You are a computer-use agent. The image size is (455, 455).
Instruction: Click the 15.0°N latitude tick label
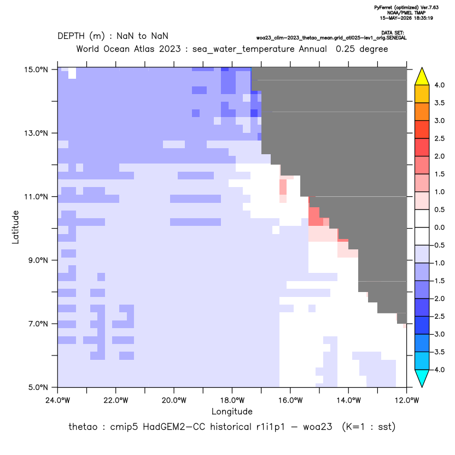(36, 69)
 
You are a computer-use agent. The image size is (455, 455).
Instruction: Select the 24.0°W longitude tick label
(58, 400)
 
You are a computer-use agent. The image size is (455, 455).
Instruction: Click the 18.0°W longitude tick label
(232, 400)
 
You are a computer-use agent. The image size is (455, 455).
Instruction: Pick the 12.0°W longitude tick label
(407, 400)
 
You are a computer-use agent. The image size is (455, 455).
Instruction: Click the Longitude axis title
(232, 411)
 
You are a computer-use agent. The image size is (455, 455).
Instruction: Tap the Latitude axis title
(15, 227)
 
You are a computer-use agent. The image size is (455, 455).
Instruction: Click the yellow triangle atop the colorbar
(422, 77)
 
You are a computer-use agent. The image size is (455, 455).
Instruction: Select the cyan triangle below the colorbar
(422, 378)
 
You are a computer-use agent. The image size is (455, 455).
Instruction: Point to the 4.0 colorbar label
(439, 85)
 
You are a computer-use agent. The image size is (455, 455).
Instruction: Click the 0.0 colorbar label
(439, 227)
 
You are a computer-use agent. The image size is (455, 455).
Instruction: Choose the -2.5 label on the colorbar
(438, 316)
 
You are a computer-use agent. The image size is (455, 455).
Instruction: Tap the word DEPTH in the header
(71, 36)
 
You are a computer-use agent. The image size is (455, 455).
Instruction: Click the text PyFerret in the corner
(383, 8)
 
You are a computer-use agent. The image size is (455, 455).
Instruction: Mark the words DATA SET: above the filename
(392, 33)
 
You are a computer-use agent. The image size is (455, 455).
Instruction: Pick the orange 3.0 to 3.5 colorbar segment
(422, 112)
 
